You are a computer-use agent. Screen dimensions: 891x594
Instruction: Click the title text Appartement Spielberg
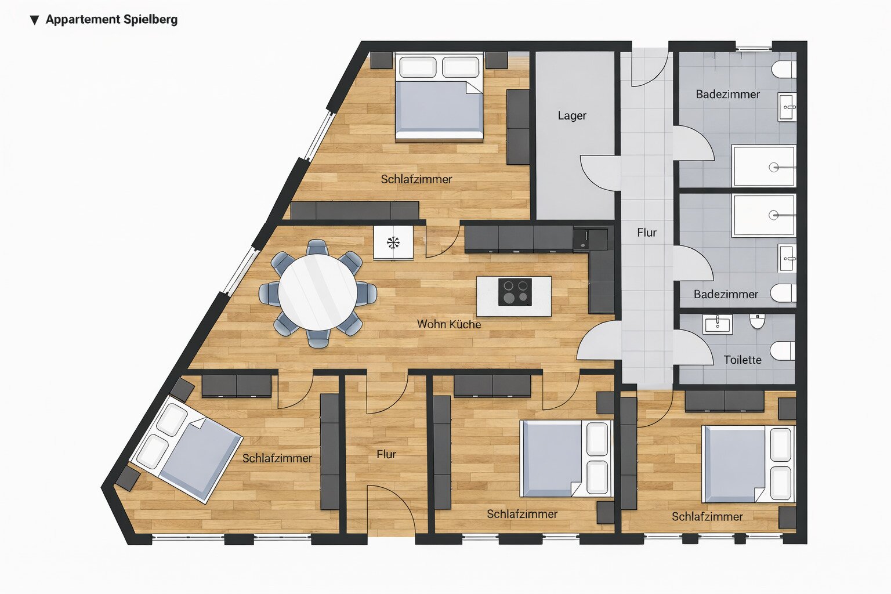pyautogui.click(x=111, y=20)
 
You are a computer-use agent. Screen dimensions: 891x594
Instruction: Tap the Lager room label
pyautogui.click(x=572, y=116)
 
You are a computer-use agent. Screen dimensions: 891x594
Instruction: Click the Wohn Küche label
pyautogui.click(x=449, y=324)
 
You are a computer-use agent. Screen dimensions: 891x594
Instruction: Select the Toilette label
pyautogui.click(x=742, y=360)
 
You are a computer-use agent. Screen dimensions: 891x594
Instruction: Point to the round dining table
pyautogui.click(x=317, y=292)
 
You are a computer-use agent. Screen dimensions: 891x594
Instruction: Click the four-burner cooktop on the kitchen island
pyautogui.click(x=515, y=292)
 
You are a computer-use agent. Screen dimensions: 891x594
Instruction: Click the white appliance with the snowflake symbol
pyautogui.click(x=393, y=242)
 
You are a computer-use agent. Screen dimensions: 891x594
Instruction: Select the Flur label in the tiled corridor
pyautogui.click(x=647, y=233)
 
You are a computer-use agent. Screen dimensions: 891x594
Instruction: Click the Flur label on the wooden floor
pyautogui.click(x=386, y=454)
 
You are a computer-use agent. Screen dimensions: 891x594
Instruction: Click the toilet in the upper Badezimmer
pyautogui.click(x=784, y=70)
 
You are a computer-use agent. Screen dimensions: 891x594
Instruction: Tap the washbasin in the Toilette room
pyautogui.click(x=717, y=324)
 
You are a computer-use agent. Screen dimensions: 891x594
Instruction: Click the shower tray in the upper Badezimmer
pyautogui.click(x=764, y=166)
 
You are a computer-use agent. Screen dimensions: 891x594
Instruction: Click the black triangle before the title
pyautogui.click(x=35, y=20)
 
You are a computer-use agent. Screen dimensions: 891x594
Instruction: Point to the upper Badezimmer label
pyautogui.click(x=728, y=95)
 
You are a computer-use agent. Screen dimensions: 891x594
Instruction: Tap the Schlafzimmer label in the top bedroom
pyautogui.click(x=416, y=179)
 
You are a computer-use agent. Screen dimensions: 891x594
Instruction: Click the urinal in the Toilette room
pyautogui.click(x=758, y=321)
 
